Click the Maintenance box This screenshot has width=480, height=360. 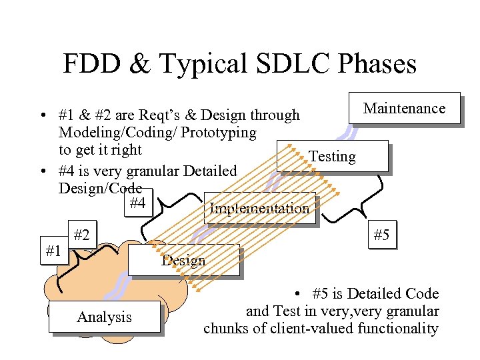pyautogui.click(x=405, y=108)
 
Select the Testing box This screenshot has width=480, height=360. pyautogui.click(x=333, y=156)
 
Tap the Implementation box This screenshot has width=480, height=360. pyautogui.click(x=259, y=209)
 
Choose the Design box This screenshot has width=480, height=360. pyautogui.click(x=183, y=260)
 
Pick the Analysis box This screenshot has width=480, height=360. pyautogui.click(x=104, y=317)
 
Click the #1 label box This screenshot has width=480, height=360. pyautogui.click(x=53, y=251)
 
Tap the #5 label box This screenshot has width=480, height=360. pyautogui.click(x=382, y=235)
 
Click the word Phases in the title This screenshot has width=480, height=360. pyautogui.click(x=377, y=65)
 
